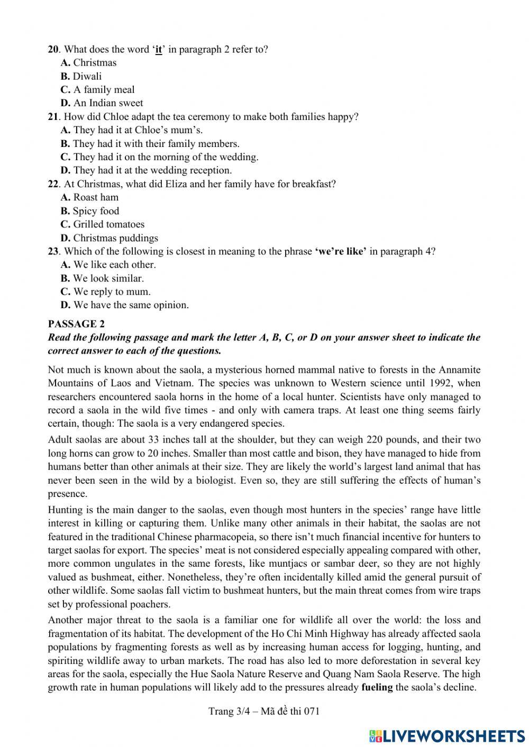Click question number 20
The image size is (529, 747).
[53, 49]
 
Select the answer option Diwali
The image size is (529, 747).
[87, 76]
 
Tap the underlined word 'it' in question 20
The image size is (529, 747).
[158, 49]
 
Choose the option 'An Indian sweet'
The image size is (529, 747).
[108, 103]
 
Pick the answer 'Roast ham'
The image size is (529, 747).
[96, 197]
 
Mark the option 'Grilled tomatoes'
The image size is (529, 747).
[108, 224]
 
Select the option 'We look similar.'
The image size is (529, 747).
[108, 278]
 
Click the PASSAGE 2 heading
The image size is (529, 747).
[72, 324]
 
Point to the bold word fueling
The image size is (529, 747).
[377, 687]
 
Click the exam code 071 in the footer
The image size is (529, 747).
[312, 711]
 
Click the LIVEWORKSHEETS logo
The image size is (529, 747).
[447, 735]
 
